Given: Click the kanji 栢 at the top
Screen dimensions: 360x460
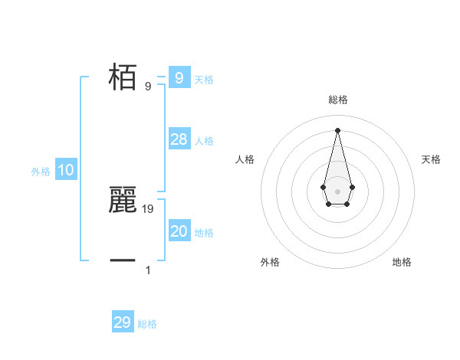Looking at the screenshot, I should point(123,77).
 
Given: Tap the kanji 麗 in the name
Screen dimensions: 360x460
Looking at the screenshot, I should point(123,199).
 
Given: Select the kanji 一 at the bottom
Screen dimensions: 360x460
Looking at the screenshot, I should point(123,260).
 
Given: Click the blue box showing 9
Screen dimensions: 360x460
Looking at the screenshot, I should point(179,77).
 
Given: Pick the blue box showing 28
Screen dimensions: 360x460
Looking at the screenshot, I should point(179,139).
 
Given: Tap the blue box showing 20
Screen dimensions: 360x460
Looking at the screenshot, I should point(179,231).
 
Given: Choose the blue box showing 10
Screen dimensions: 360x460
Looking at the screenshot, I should point(66,171).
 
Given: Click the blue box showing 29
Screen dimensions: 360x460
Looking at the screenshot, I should point(123,322).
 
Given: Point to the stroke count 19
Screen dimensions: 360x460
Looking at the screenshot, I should point(149,208).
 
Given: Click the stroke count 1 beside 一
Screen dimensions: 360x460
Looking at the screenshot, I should point(148,270).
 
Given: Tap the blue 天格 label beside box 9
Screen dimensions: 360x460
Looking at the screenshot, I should point(204,79).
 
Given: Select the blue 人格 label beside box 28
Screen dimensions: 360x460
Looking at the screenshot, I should point(204,141).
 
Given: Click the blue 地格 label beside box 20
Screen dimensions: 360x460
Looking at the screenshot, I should point(204,233).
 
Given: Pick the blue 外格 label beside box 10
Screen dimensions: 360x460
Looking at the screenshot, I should point(41,172).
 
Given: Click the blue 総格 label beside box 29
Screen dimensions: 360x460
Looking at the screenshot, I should point(148,324).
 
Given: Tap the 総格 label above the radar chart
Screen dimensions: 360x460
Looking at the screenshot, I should point(337,100).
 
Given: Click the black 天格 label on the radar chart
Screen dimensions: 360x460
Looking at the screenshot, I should point(432,159).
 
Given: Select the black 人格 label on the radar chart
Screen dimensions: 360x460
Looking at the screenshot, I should point(245,159).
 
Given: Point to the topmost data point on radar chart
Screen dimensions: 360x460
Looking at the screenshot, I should point(337,129).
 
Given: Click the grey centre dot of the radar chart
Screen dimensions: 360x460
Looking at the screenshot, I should point(337,191).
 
